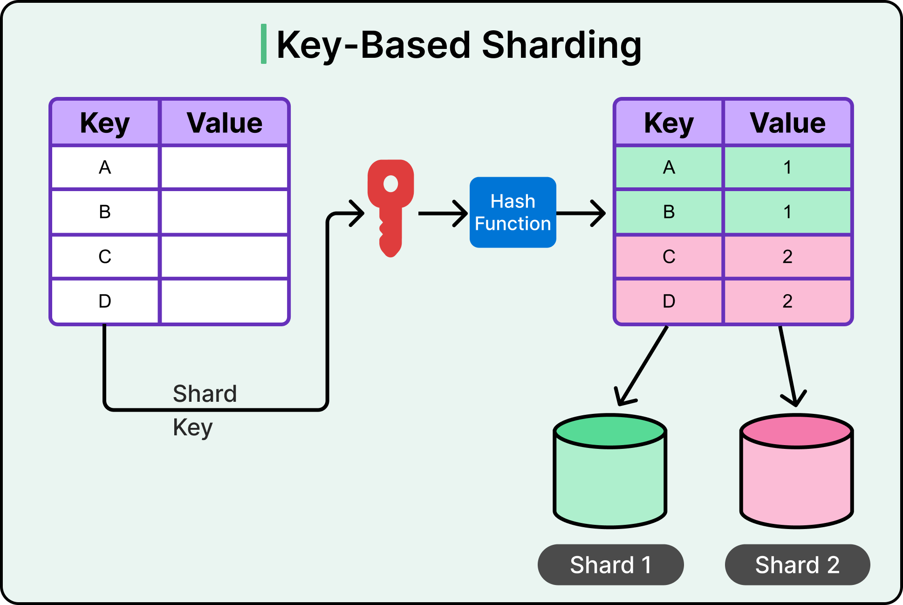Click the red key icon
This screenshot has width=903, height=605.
[x=390, y=205]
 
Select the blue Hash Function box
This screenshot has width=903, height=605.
[x=513, y=213]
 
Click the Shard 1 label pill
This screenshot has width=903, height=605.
[x=610, y=565]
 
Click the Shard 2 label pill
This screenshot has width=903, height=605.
[x=797, y=565]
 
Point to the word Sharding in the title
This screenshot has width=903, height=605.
[x=561, y=46]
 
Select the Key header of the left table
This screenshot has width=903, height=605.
[x=105, y=123]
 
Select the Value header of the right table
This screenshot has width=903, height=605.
[x=787, y=123]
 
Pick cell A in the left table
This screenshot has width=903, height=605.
[x=105, y=167]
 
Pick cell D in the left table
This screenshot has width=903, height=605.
[x=105, y=301]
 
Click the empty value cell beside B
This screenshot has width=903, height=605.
[x=224, y=212]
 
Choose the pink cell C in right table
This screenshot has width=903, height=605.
[x=669, y=257]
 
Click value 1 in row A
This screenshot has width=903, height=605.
[x=787, y=167]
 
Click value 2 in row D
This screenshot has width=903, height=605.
[x=787, y=301]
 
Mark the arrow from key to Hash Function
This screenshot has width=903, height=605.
[x=443, y=213]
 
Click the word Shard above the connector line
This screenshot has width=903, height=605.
[x=205, y=394]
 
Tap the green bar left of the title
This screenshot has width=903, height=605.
[x=264, y=44]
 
